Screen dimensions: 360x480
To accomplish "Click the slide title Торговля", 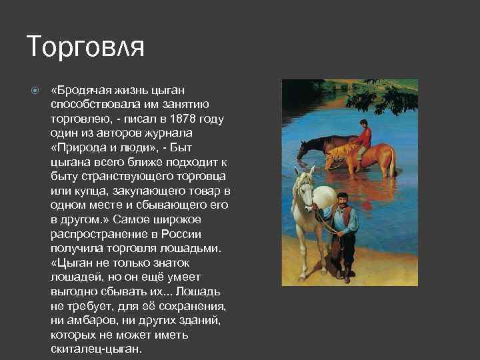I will click(85, 47).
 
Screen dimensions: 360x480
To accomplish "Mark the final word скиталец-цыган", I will click(95, 349).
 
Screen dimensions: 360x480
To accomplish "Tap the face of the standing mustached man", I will click(342, 200).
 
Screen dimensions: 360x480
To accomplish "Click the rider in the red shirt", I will click(363, 137).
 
